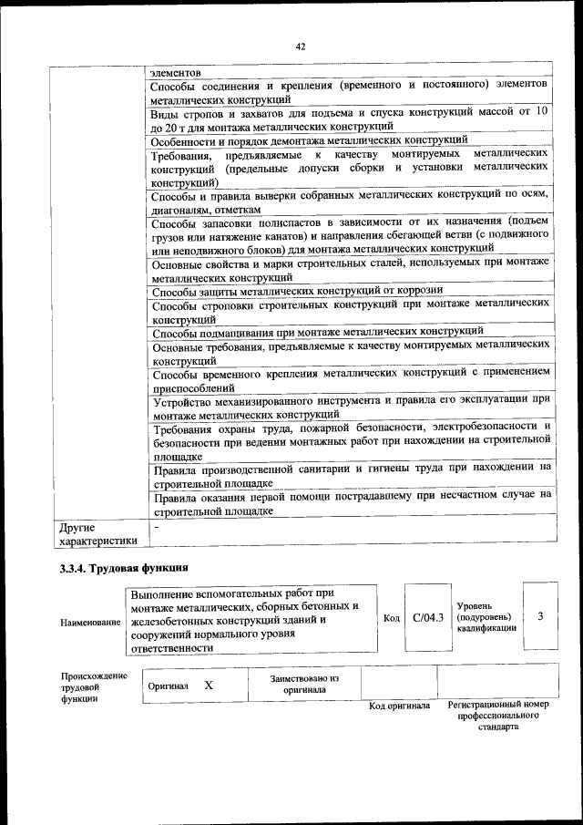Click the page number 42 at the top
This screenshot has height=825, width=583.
click(300, 47)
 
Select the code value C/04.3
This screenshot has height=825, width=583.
click(427, 617)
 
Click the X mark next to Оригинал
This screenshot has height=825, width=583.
click(209, 685)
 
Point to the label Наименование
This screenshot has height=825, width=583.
click(90, 622)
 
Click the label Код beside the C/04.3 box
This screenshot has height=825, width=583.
click(392, 618)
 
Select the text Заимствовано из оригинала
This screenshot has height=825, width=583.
click(304, 685)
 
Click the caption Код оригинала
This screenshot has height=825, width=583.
click(399, 706)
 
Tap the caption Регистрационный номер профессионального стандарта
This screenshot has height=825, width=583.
click(498, 717)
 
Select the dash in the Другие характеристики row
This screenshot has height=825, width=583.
click(157, 527)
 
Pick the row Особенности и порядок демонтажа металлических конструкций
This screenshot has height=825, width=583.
click(310, 139)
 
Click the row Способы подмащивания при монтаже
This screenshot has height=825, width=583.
click(317, 330)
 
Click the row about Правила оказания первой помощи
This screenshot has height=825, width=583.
click(352, 502)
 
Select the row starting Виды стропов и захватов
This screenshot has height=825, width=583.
click(350, 119)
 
